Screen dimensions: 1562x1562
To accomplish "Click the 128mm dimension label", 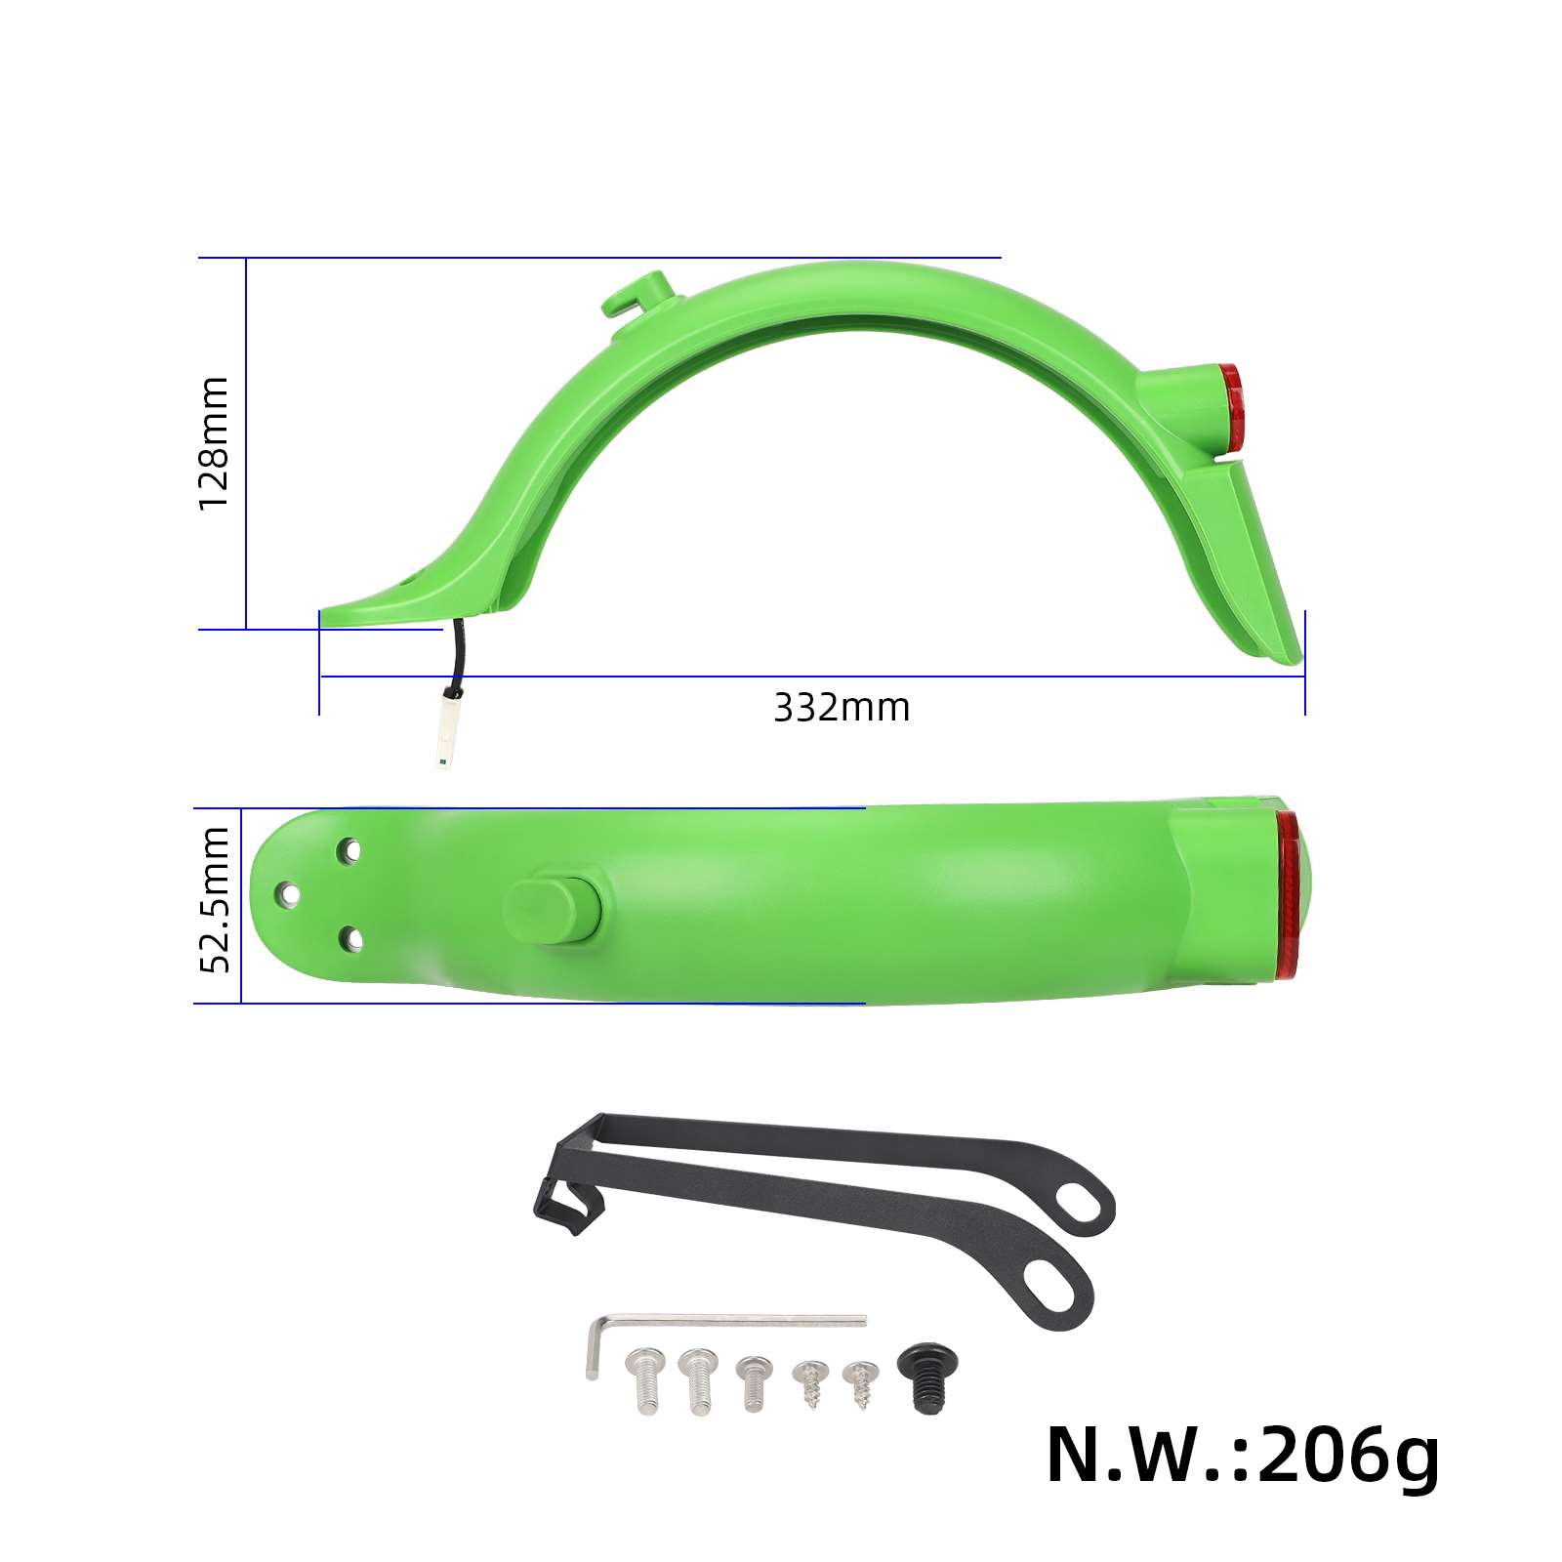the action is [213, 442].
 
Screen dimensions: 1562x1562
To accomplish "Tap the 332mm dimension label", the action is [842, 708].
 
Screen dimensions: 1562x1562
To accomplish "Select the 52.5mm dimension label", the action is [214, 899].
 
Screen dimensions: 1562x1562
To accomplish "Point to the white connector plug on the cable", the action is [448, 726].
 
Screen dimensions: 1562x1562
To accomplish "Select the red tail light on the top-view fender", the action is [1290, 894].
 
